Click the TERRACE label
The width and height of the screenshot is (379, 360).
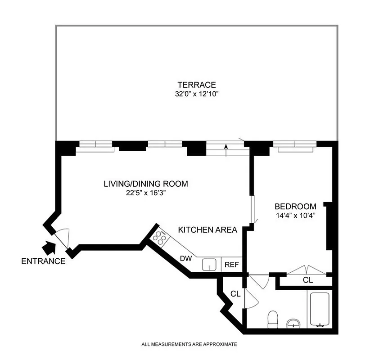196,85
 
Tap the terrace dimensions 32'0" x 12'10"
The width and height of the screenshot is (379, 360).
196,94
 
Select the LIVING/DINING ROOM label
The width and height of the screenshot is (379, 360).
145,184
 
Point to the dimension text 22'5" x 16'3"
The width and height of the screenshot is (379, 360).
145,193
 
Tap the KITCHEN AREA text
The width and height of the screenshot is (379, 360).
208,230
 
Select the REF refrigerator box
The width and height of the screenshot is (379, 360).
232,265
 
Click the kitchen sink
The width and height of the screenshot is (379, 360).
209,264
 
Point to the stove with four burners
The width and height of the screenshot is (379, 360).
159,237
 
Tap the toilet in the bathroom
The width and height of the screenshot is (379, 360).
273,319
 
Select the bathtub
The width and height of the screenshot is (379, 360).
319,309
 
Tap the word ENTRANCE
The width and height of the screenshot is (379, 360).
43,261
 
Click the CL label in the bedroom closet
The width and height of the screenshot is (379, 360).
308,280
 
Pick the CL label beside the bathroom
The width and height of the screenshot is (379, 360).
235,294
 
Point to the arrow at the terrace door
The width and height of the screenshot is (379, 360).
226,147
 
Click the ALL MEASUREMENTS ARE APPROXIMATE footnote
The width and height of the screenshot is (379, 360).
189,344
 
